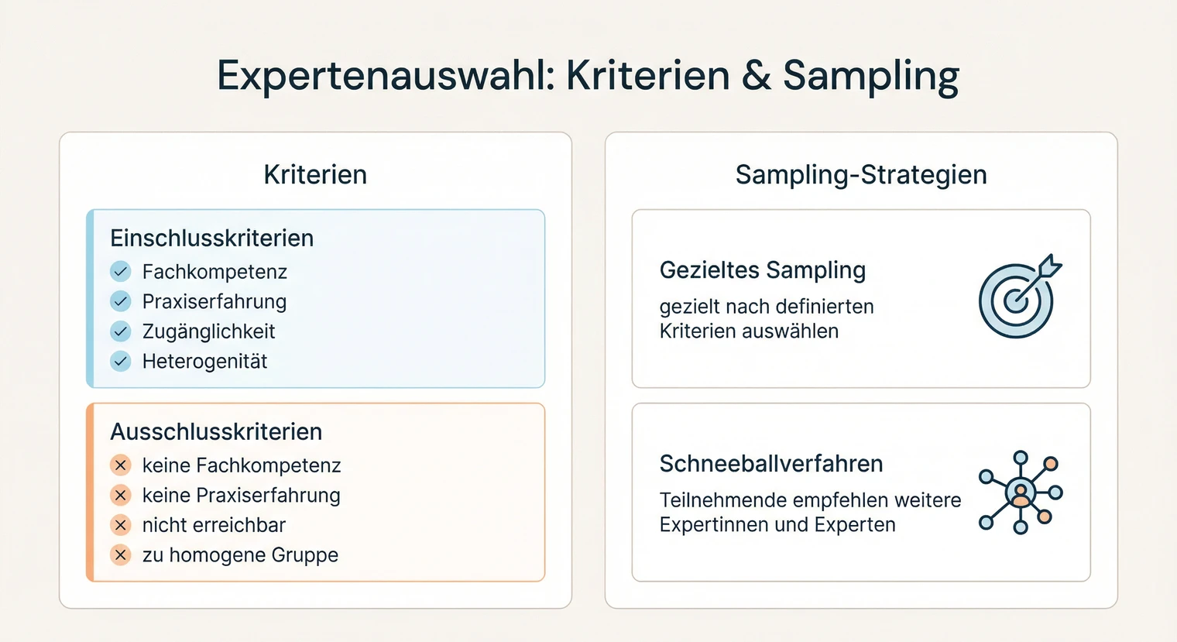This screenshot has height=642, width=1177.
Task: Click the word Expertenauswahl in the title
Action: [386, 76]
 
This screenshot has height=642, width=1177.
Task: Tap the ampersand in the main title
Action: [756, 76]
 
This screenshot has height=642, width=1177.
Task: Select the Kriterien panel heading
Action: [315, 175]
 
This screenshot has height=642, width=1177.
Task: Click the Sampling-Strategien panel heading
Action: [861, 175]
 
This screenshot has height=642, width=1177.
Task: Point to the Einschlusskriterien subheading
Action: [211, 239]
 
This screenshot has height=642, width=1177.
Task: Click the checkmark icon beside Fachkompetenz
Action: [121, 272]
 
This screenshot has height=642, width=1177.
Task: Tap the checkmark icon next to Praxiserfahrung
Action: [121, 301]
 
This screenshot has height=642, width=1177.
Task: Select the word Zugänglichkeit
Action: [208, 331]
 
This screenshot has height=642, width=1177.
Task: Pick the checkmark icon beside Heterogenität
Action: [121, 361]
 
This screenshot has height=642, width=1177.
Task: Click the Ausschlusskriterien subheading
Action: [216, 432]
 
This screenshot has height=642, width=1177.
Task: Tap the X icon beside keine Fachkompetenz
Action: [121, 465]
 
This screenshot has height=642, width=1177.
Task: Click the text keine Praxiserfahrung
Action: [241, 496]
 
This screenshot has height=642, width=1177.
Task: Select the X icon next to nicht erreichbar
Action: [121, 525]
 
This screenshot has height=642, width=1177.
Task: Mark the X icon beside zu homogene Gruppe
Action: [121, 554]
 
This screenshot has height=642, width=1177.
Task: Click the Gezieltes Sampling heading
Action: [762, 270]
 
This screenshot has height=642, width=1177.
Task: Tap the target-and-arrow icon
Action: [1018, 297]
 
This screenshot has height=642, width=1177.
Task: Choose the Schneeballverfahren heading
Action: [770, 464]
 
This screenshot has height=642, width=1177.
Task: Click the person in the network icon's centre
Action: [1021, 493]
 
